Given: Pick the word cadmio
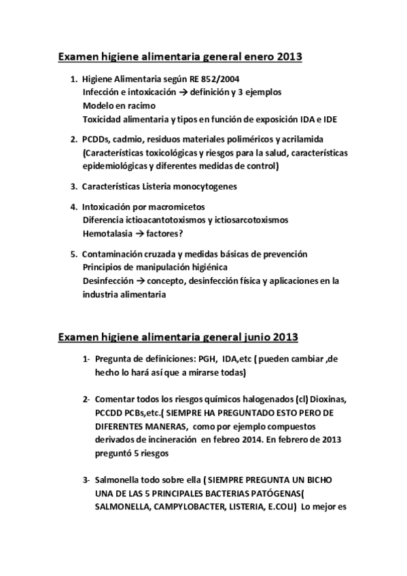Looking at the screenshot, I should [x=130, y=140].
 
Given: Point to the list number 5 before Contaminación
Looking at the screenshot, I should [x=73, y=254].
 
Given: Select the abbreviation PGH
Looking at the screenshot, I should [x=205, y=359].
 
